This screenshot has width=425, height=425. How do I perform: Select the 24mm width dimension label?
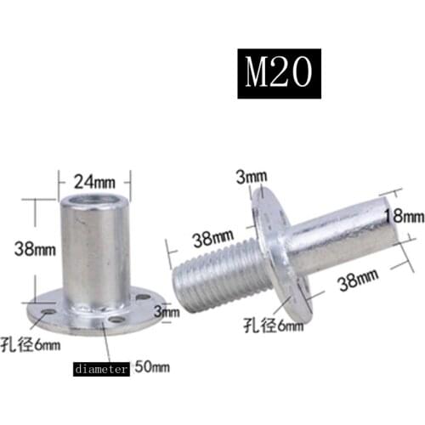[93, 180]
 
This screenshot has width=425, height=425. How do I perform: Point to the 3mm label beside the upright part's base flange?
[168, 312]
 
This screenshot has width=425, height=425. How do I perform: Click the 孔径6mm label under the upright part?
[35, 345]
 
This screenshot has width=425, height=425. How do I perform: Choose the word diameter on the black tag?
[100, 370]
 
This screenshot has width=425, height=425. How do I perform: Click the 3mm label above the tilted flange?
[252, 176]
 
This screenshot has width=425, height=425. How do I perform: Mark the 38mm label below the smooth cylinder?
[355, 278]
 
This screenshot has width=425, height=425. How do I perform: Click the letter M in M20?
[258, 77]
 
